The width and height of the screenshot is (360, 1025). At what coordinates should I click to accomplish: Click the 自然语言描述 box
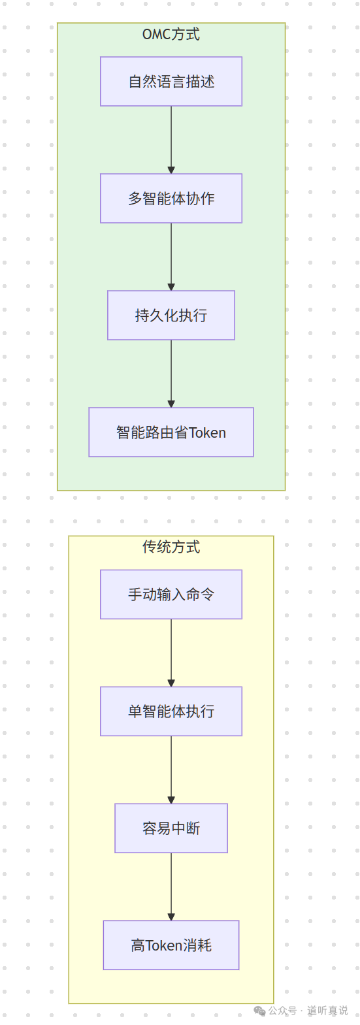[171, 82]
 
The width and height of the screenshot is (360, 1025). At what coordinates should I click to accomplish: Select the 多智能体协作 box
[171, 199]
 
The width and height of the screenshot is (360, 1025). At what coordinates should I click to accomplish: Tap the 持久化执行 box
[171, 316]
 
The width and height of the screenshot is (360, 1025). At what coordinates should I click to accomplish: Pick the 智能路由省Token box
[171, 432]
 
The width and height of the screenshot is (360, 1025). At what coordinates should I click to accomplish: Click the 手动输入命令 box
[171, 594]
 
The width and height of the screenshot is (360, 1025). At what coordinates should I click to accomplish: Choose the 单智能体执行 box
[171, 711]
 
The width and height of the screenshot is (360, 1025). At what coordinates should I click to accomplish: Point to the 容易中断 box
[171, 828]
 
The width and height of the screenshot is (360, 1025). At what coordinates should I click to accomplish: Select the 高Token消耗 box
[171, 945]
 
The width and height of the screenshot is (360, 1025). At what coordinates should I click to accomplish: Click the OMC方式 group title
[171, 35]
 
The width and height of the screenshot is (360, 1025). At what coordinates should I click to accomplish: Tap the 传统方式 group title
[171, 547]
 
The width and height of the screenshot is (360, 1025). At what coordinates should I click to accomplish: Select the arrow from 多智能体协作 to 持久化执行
[171, 257]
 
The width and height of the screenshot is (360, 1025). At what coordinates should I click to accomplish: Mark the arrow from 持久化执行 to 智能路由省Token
[171, 374]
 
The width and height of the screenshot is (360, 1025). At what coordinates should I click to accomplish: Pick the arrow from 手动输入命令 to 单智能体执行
[171, 653]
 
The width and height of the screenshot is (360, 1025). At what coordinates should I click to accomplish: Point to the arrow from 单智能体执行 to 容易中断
[171, 770]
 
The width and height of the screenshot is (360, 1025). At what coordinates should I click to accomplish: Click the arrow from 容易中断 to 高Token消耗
[171, 887]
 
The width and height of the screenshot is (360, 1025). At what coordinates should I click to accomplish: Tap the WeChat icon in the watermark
[259, 1011]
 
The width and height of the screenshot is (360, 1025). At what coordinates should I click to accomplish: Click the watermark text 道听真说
[327, 1011]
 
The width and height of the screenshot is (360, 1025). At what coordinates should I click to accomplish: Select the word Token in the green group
[207, 433]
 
